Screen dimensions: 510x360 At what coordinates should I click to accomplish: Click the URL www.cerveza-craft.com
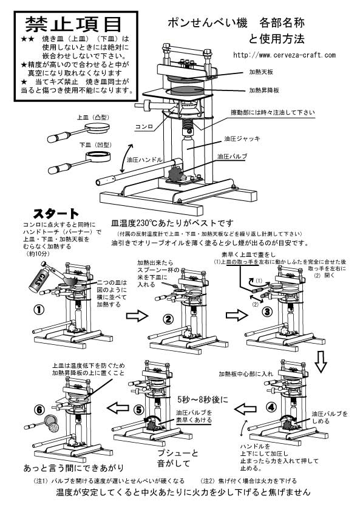point(284,55)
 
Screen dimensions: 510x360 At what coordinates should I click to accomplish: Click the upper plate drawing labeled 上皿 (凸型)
point(94,127)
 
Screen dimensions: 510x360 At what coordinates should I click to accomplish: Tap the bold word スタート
point(55,214)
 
